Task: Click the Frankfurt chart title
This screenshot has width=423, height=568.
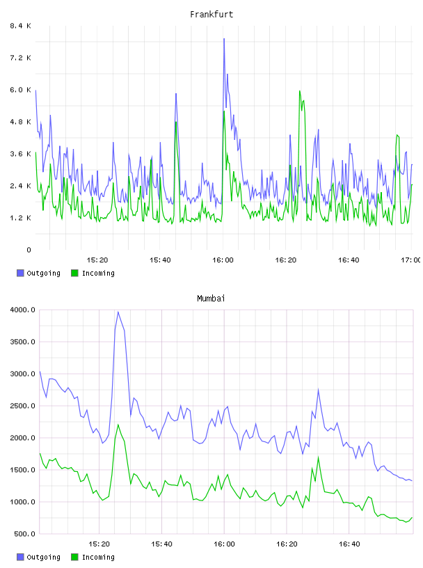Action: click(211, 15)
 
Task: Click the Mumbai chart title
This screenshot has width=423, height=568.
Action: click(211, 299)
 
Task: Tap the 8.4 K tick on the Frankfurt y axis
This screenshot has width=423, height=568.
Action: click(21, 26)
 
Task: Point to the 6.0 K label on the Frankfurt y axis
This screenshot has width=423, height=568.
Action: click(21, 90)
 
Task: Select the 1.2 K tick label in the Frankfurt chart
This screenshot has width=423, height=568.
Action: click(21, 218)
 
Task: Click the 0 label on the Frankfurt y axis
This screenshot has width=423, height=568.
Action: click(29, 250)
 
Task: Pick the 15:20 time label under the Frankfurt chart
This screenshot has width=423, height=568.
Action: click(97, 260)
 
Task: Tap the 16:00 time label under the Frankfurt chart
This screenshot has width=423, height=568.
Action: click(223, 260)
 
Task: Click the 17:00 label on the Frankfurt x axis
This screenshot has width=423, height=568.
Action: click(411, 260)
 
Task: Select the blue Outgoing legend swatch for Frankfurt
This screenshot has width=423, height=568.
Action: click(20, 273)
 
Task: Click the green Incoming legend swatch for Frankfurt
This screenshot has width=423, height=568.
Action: click(74, 273)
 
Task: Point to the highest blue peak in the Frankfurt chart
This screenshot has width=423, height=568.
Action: click(224, 39)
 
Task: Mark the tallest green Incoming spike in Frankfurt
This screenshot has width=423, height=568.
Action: click(299, 91)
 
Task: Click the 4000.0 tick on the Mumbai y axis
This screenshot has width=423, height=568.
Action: click(23, 310)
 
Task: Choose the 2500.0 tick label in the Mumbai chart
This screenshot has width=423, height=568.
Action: click(23, 406)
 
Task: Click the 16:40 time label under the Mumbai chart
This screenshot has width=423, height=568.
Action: click(349, 544)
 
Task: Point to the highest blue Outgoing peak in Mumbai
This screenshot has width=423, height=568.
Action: click(118, 312)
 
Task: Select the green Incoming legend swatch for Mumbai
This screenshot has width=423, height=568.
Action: click(74, 557)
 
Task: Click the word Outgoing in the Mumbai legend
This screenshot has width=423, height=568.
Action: click(43, 557)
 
